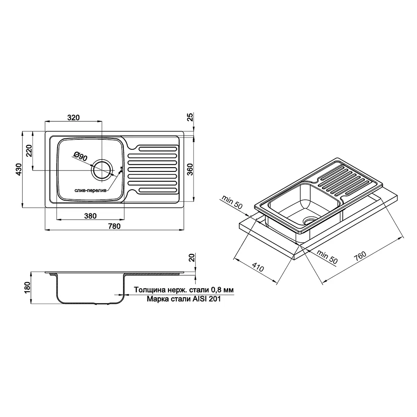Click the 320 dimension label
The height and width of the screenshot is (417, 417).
point(73,117)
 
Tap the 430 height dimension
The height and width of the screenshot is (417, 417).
point(19,169)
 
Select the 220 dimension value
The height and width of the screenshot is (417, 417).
point(29,151)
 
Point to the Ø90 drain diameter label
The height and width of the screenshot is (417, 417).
point(80,156)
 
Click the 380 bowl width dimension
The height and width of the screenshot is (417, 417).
point(90,216)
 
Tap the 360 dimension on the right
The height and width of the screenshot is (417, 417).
point(190,169)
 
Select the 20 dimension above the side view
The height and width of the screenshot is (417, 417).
point(192,257)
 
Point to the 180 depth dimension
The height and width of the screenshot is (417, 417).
point(28,287)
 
